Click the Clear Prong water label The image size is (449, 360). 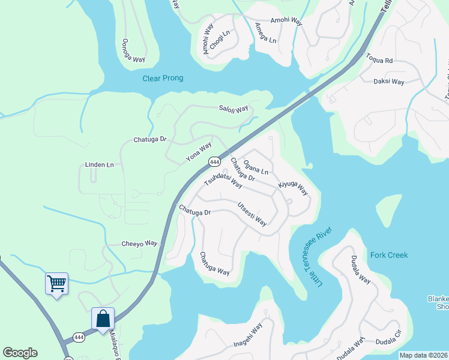click(163, 79)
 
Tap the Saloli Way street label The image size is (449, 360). click(234, 109)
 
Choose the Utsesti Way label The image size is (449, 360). click(252, 214)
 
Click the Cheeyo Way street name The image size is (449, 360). click(139, 244)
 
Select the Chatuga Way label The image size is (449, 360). click(214, 263)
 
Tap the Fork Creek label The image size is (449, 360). click(389, 255)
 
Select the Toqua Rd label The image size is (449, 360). click(379, 60)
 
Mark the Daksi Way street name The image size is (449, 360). click(389, 81)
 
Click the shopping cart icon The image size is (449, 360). click(57, 283)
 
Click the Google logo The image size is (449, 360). click(20, 353)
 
